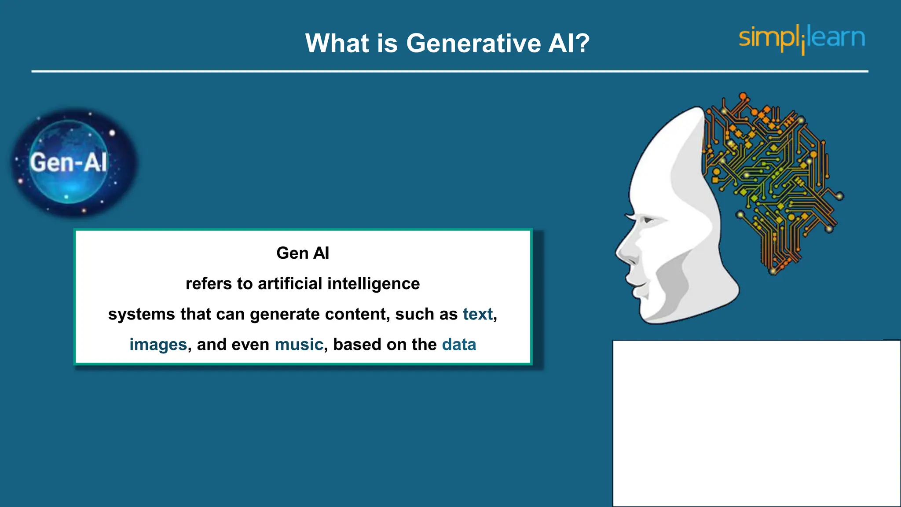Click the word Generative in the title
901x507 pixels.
[473, 44]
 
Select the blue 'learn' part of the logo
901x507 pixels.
[836, 37]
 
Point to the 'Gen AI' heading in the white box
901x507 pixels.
[303, 253]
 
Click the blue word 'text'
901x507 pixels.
[477, 314]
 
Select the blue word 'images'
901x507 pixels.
[158, 345]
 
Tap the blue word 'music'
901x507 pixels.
[299, 345]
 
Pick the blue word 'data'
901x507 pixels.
[459, 345]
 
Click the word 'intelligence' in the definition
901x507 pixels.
[374, 284]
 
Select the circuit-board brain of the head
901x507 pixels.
[770, 176]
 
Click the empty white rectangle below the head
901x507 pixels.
[757, 422]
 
